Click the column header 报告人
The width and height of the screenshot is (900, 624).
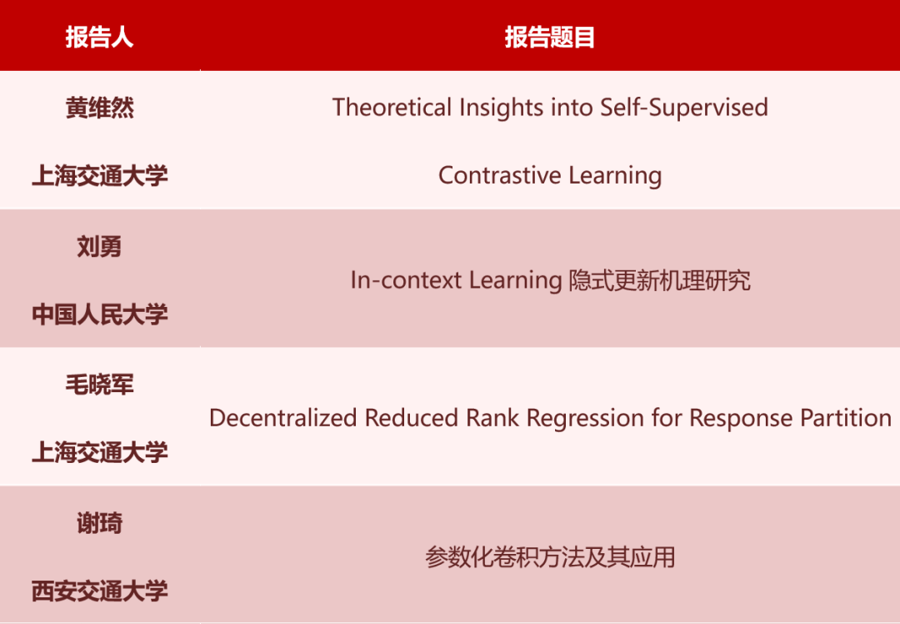(x=99, y=38)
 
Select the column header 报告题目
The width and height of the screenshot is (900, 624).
(x=549, y=38)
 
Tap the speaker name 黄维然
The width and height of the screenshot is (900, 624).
(x=99, y=108)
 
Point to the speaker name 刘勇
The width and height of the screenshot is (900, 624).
(x=99, y=247)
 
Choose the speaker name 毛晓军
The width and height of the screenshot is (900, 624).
(x=99, y=385)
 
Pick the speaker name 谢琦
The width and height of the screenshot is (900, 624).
(x=99, y=523)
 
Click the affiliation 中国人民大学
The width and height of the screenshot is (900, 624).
(x=99, y=315)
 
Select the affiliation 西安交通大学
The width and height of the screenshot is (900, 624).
(x=99, y=591)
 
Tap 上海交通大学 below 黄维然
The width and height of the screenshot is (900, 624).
(x=99, y=176)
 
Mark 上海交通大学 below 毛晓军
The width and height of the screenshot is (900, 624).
(x=99, y=453)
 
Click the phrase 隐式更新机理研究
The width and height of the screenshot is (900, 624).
(x=659, y=280)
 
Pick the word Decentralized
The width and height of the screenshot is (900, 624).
(x=284, y=418)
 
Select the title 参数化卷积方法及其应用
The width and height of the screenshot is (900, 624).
(x=550, y=557)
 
